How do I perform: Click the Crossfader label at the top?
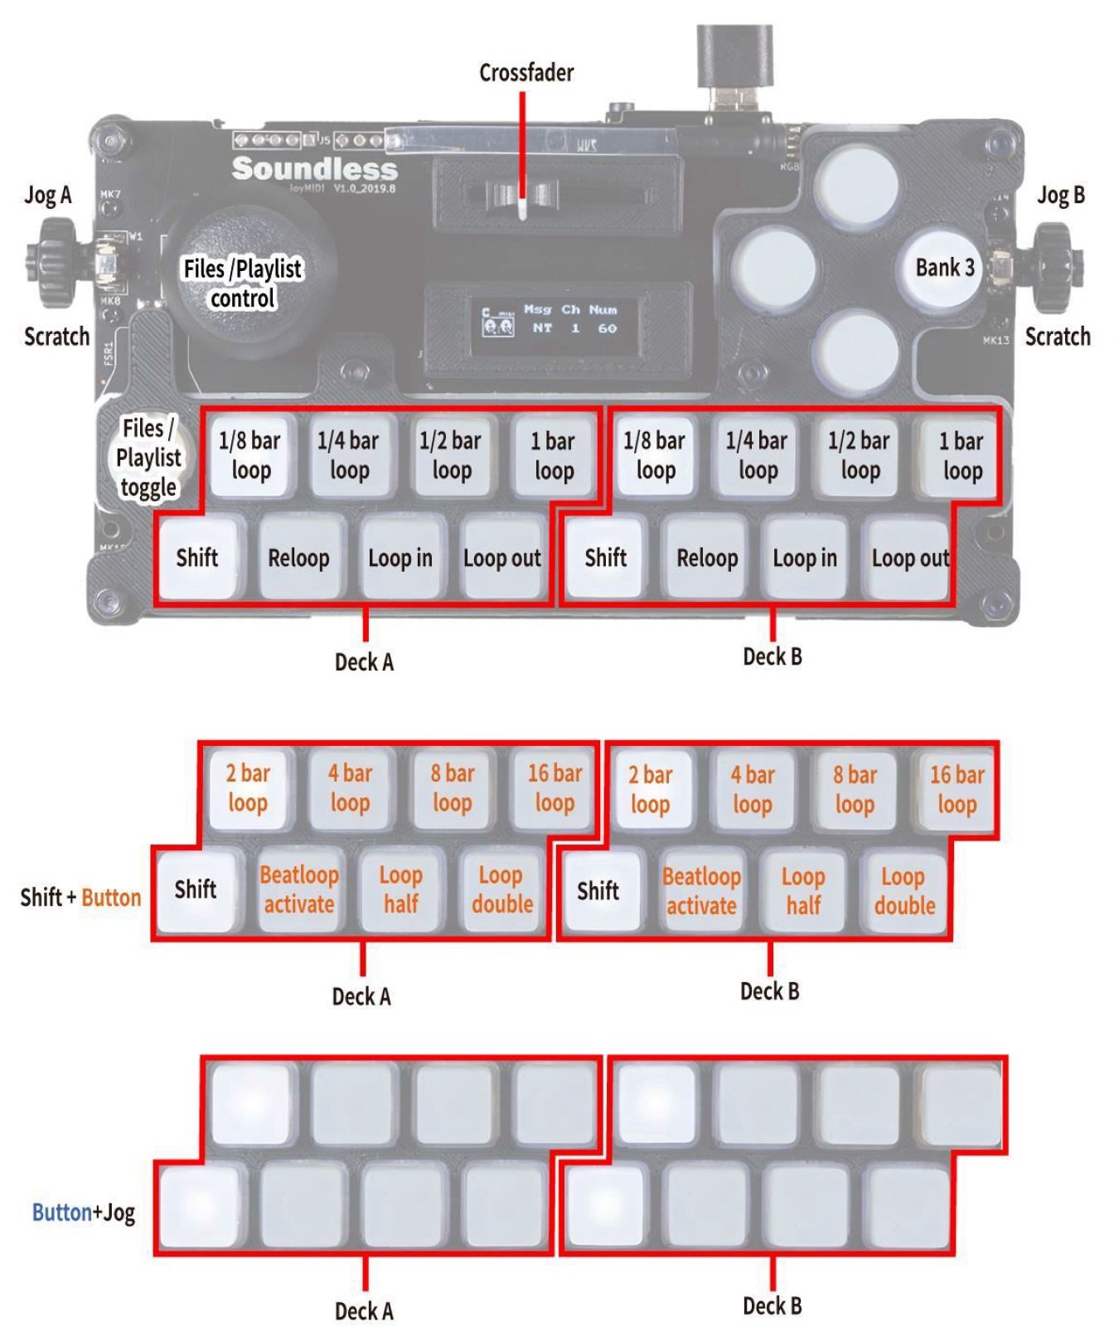click(526, 73)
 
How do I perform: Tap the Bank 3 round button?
click(943, 268)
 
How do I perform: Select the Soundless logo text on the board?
click(315, 169)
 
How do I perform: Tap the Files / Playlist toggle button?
click(148, 457)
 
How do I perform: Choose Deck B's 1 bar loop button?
click(961, 456)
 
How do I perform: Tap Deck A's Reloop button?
click(298, 558)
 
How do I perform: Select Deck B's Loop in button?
click(805, 558)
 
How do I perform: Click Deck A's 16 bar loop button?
click(555, 788)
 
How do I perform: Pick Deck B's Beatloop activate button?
click(701, 891)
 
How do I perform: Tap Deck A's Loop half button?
click(401, 890)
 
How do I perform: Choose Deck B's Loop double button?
click(904, 891)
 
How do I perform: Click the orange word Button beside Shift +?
click(111, 898)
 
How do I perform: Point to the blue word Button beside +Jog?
click(61, 1213)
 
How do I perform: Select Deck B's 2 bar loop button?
click(651, 789)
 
